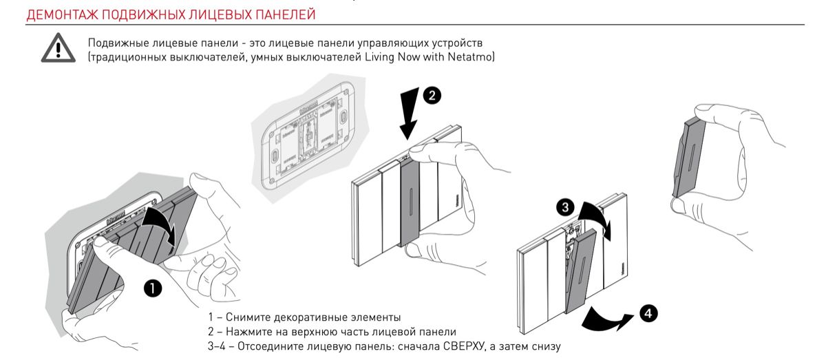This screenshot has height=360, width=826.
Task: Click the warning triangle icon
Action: coord(59,49)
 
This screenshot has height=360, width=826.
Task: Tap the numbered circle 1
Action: coord(153,288)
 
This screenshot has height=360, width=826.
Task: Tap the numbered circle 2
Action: coord(432,96)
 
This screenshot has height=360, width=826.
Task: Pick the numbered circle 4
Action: coord(648,314)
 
